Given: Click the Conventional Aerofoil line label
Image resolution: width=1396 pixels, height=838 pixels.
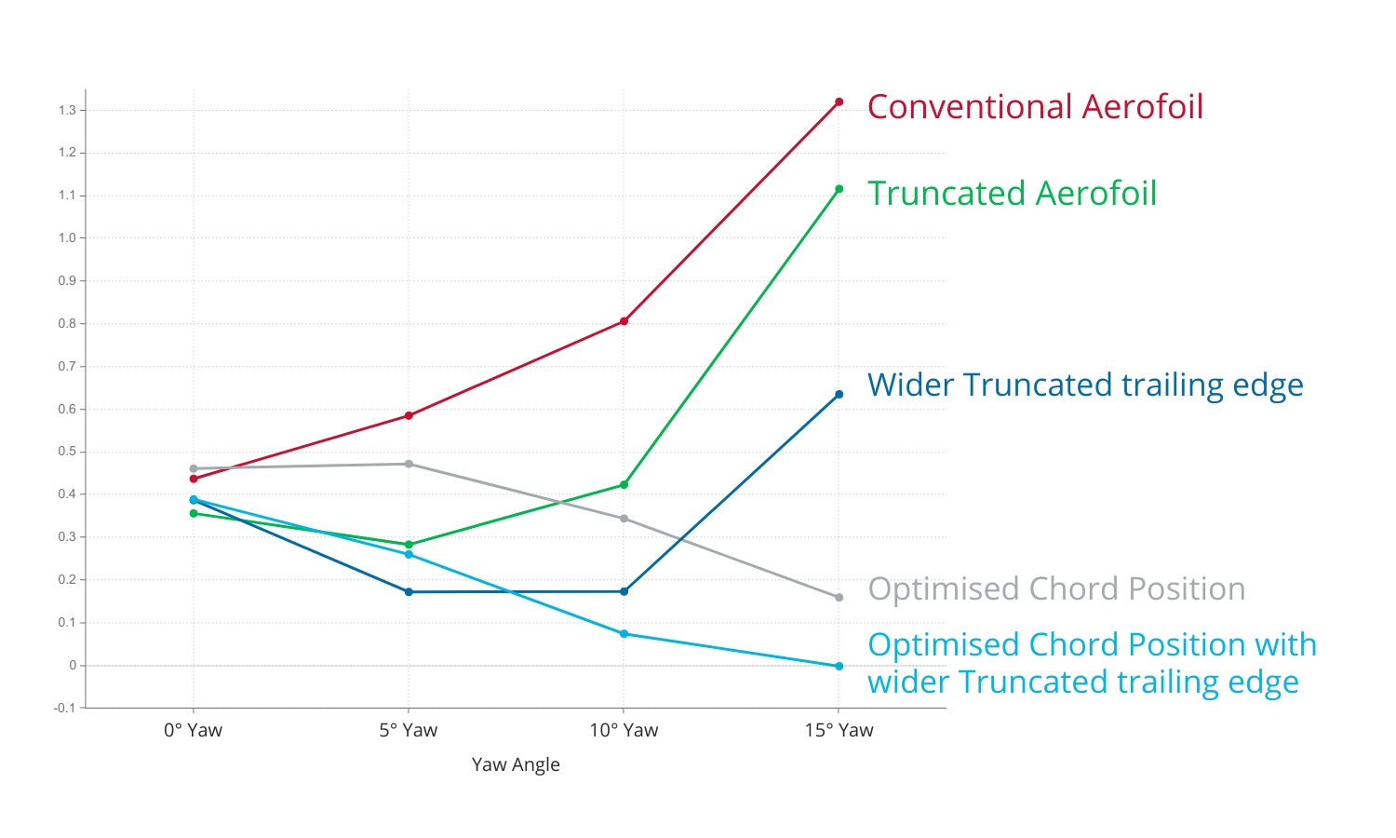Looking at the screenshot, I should point(1035,107).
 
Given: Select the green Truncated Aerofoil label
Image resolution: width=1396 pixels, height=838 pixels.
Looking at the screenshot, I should point(1012,194).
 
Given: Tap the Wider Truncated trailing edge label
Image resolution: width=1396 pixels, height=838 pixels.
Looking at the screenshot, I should point(1085,385).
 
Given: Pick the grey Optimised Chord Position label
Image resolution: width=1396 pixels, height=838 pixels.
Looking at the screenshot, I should point(1056,589).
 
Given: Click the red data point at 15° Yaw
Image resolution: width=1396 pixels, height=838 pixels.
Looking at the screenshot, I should point(839,102).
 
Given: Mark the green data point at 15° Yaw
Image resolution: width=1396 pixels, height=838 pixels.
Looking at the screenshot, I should point(839,189).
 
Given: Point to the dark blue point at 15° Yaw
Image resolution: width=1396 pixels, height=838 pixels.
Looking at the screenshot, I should point(839,395).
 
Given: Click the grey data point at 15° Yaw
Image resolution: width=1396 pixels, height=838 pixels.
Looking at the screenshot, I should point(839,598).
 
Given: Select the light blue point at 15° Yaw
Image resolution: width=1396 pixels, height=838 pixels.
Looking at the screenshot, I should point(839,667).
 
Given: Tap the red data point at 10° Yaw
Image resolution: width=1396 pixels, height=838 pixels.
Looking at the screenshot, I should point(624,321).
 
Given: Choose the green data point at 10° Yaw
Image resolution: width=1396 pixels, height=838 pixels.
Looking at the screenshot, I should point(624,485).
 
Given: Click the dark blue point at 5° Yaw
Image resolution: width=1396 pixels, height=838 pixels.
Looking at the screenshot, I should point(409,592).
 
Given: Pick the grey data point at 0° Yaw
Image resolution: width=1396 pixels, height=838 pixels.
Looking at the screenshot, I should point(194,468).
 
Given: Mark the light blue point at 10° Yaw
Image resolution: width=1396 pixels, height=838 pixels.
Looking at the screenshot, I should point(624,634).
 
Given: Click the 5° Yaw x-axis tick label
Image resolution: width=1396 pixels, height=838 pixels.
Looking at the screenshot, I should point(409,731).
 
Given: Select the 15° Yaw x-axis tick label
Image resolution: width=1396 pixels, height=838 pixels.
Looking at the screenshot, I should point(839,731).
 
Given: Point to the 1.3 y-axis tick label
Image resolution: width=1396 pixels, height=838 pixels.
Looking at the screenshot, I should point(67,110).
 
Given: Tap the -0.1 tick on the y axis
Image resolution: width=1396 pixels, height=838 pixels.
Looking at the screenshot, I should point(65,709).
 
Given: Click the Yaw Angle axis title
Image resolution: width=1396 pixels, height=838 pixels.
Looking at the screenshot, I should point(516,765).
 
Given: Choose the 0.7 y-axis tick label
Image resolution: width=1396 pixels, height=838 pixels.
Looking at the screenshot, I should point(67,367).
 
